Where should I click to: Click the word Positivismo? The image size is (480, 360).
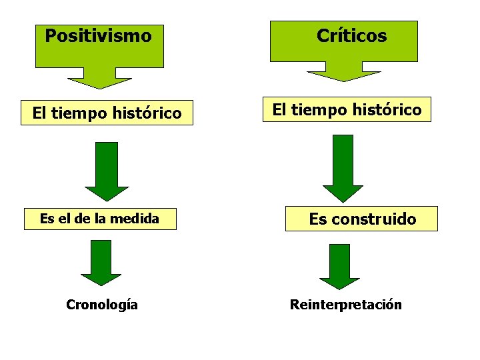click(99, 35)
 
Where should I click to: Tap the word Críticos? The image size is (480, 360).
click(351, 36)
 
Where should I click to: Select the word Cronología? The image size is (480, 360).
click(102, 305)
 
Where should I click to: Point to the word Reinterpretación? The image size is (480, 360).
click(345, 305)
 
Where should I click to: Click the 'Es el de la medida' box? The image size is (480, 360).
click(100, 219)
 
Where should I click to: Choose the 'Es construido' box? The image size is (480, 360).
click(361, 219)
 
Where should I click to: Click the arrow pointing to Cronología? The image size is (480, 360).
click(101, 262)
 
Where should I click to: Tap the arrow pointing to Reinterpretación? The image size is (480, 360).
click(339, 265)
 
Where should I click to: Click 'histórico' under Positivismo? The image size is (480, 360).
click(151, 113)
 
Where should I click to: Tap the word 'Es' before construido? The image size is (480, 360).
click(318, 219)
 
